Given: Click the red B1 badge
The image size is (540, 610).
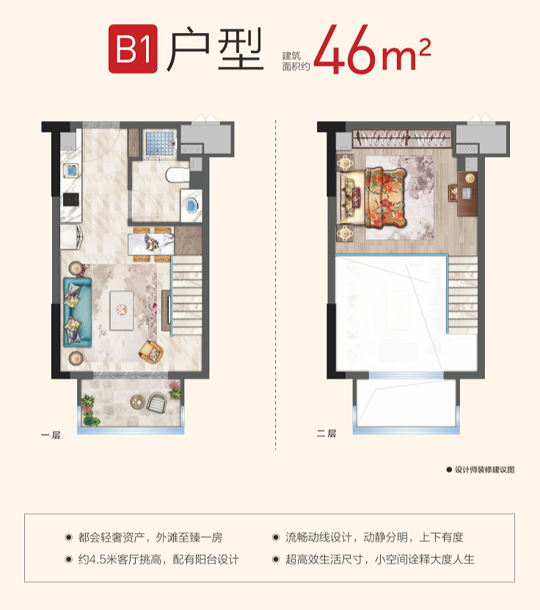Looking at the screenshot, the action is (x=133, y=49).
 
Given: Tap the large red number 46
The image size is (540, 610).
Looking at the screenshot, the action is (x=346, y=50).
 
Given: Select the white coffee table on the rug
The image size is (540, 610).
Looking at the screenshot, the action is (x=122, y=311).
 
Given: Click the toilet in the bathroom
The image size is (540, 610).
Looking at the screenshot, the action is (x=177, y=175).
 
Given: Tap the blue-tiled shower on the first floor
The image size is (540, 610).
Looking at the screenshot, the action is (x=160, y=143).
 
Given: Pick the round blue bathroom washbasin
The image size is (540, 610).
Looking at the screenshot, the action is (x=191, y=206).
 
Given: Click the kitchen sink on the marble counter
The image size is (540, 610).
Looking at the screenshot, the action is (x=71, y=171).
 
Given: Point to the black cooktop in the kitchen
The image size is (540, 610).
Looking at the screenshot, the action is (x=71, y=199).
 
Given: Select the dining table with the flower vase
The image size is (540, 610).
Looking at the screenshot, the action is (x=151, y=244).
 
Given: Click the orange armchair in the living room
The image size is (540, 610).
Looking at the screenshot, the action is (x=151, y=352).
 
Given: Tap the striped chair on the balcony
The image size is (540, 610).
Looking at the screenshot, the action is (x=157, y=402).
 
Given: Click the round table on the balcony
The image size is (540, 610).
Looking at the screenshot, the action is (x=138, y=402).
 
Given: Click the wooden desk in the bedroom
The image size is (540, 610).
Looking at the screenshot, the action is (x=467, y=194).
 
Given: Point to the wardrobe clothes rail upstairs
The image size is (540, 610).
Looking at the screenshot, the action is (x=403, y=138).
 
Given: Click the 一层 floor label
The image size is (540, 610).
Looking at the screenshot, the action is (x=51, y=435).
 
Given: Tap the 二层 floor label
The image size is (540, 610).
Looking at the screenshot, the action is (x=326, y=433).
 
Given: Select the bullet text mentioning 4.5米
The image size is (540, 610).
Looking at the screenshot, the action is (x=158, y=559).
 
